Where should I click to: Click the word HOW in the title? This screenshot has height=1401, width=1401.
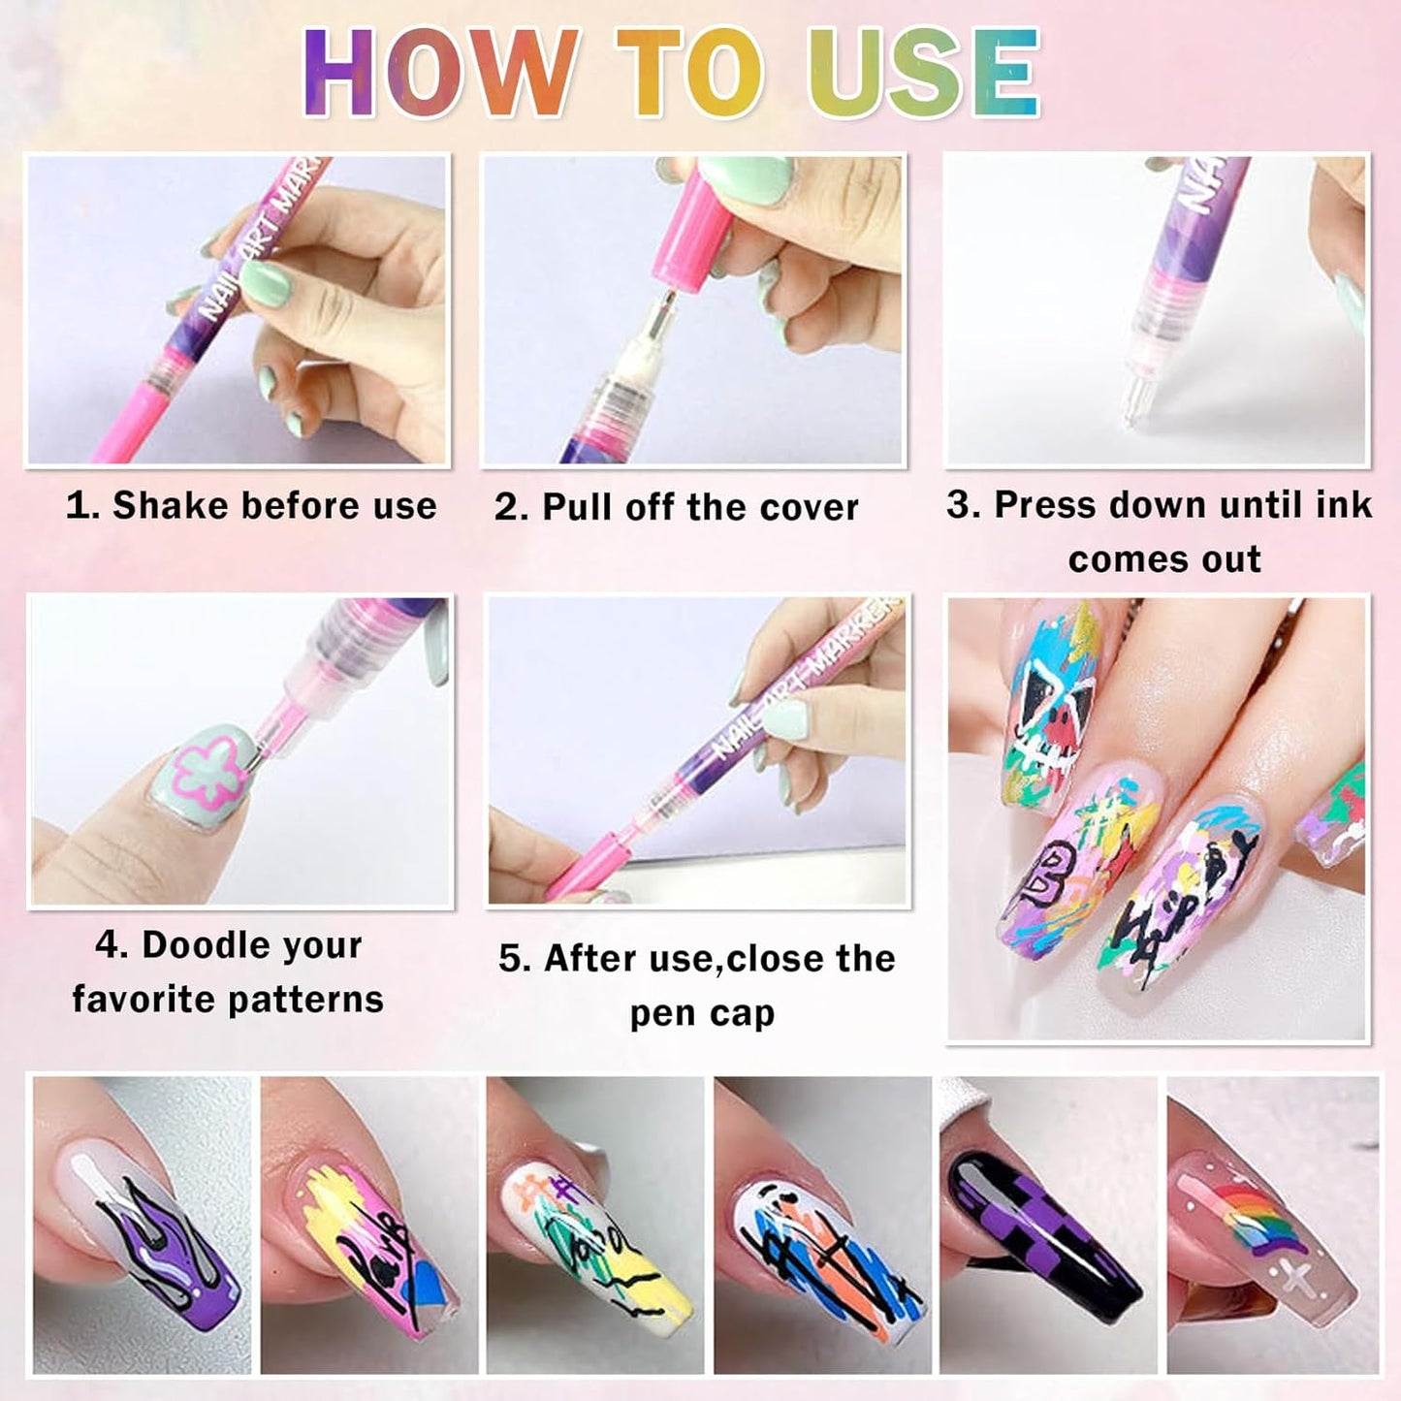(441, 73)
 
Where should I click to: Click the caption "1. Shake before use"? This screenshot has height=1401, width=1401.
(251, 506)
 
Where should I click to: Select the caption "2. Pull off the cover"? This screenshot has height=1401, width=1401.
(677, 507)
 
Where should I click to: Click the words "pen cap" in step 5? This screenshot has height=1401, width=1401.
(702, 1013)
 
